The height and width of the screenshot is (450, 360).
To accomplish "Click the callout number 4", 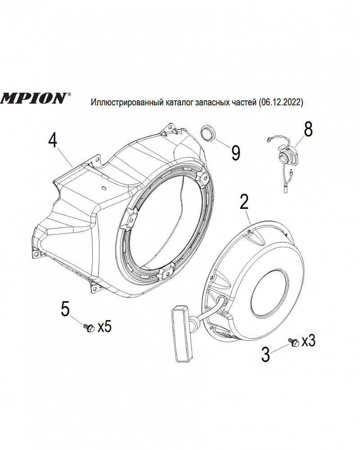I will click(53, 140).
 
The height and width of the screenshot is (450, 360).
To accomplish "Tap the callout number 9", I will click(235, 153).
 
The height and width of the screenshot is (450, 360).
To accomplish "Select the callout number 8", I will click(308, 129).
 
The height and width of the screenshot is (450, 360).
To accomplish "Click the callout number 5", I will click(65, 309).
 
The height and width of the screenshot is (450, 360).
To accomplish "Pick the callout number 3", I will click(265, 354).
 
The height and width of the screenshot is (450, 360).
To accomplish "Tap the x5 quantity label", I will click(104, 326).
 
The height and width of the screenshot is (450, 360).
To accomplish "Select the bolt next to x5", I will click(88, 327).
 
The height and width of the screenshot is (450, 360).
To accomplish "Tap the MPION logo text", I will click(34, 98).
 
